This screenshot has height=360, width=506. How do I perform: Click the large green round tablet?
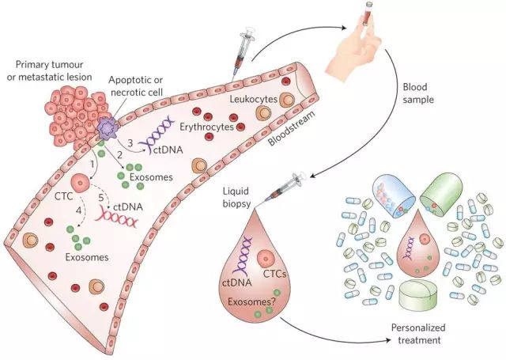point(421,297)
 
